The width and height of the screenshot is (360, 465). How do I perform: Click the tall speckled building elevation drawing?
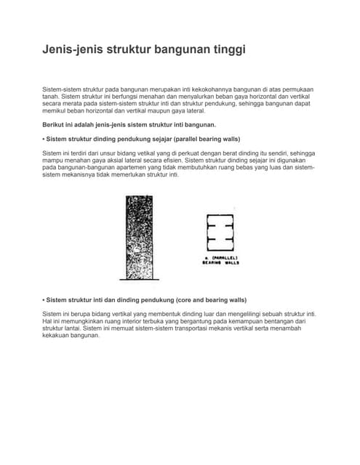(x=138, y=238)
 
